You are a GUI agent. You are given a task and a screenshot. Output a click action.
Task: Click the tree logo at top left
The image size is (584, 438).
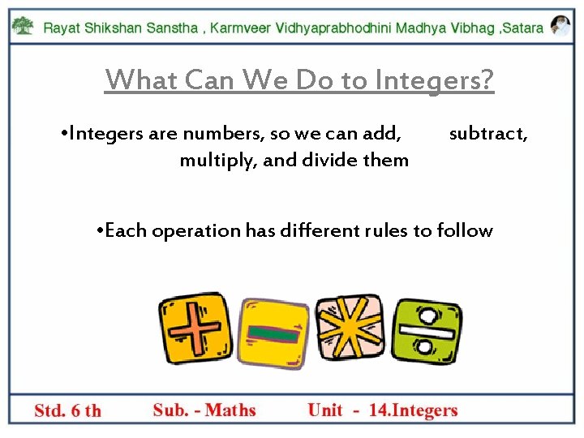[x=24, y=26]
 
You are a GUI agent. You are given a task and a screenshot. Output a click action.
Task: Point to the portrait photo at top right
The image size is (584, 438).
[x=560, y=26]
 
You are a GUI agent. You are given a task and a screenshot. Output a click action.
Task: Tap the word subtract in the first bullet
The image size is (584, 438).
[x=488, y=133]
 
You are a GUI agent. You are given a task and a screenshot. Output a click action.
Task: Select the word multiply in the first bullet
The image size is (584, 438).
[x=217, y=160]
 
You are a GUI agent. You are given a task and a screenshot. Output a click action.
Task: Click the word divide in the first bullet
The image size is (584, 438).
[x=330, y=160]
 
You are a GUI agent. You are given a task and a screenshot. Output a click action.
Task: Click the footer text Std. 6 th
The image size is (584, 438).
[x=68, y=410]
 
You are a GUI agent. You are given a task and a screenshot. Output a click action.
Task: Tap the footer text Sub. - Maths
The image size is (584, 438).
[x=204, y=410]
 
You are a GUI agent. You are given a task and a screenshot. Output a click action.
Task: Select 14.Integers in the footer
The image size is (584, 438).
[x=413, y=410]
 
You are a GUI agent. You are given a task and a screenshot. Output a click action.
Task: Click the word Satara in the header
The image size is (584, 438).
[x=524, y=28]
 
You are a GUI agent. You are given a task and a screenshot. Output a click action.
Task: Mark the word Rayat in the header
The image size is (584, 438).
[x=62, y=28]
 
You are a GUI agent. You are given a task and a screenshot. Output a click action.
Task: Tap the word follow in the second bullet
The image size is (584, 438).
[x=464, y=230]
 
